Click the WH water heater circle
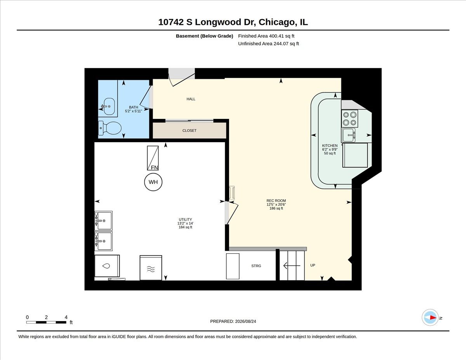[153, 182]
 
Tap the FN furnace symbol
[153, 158]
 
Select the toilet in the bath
[110, 128]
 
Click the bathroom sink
[109, 106]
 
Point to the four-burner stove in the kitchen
[349, 118]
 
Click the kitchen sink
[349, 135]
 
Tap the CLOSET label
[190, 130]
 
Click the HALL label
[191, 99]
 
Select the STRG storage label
[256, 266]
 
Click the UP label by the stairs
[313, 265]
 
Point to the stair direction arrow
[292, 266]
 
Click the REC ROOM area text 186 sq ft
[276, 209]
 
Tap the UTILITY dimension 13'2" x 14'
[185, 223]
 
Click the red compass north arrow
[433, 317]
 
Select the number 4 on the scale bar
[66, 317]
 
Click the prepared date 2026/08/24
[245, 322]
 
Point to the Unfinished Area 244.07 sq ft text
[268, 43]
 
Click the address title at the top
[233, 22]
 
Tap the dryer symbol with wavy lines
[151, 268]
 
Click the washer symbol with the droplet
[107, 266]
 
